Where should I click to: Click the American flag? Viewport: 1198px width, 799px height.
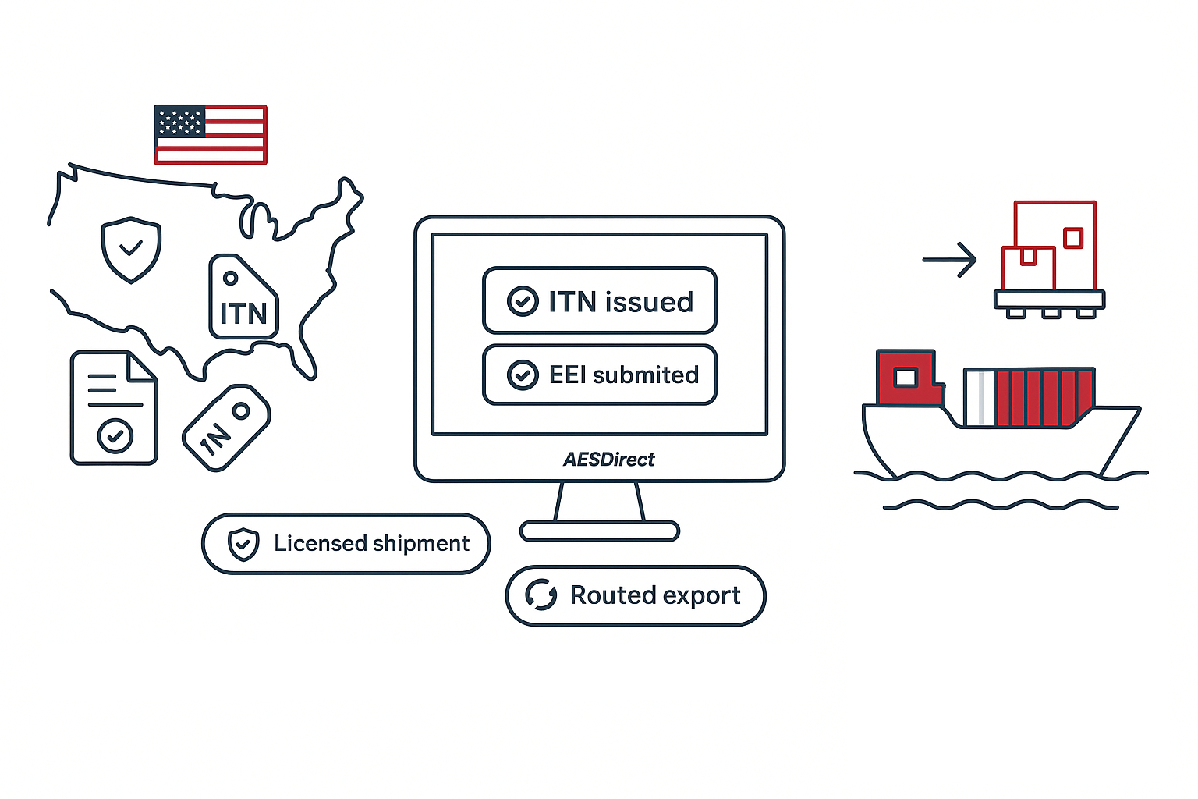(x=211, y=134)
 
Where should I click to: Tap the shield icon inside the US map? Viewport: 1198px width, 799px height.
(x=131, y=249)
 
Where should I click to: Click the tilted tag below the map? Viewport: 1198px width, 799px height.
(x=226, y=428)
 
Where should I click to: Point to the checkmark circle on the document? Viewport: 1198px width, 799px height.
(x=115, y=435)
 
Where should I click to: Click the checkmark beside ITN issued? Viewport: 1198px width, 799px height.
(x=523, y=301)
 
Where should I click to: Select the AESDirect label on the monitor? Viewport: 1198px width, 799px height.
(x=609, y=460)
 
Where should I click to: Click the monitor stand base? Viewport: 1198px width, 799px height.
(x=599, y=532)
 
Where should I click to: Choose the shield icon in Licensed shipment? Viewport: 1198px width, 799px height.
(x=243, y=544)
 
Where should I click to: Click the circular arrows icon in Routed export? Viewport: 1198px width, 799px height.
(x=541, y=595)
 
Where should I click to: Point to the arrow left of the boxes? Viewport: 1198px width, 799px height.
(x=949, y=260)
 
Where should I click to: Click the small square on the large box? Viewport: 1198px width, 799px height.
(x=1073, y=237)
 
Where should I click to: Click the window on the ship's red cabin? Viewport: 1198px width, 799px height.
(x=905, y=378)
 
